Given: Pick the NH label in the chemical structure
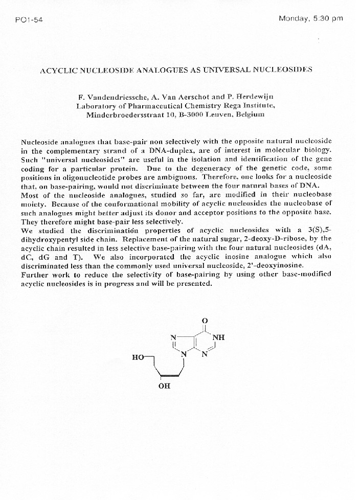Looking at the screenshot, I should [x=219, y=337].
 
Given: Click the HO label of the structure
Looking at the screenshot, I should [x=138, y=357].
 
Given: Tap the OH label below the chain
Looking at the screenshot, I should [x=164, y=386].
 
